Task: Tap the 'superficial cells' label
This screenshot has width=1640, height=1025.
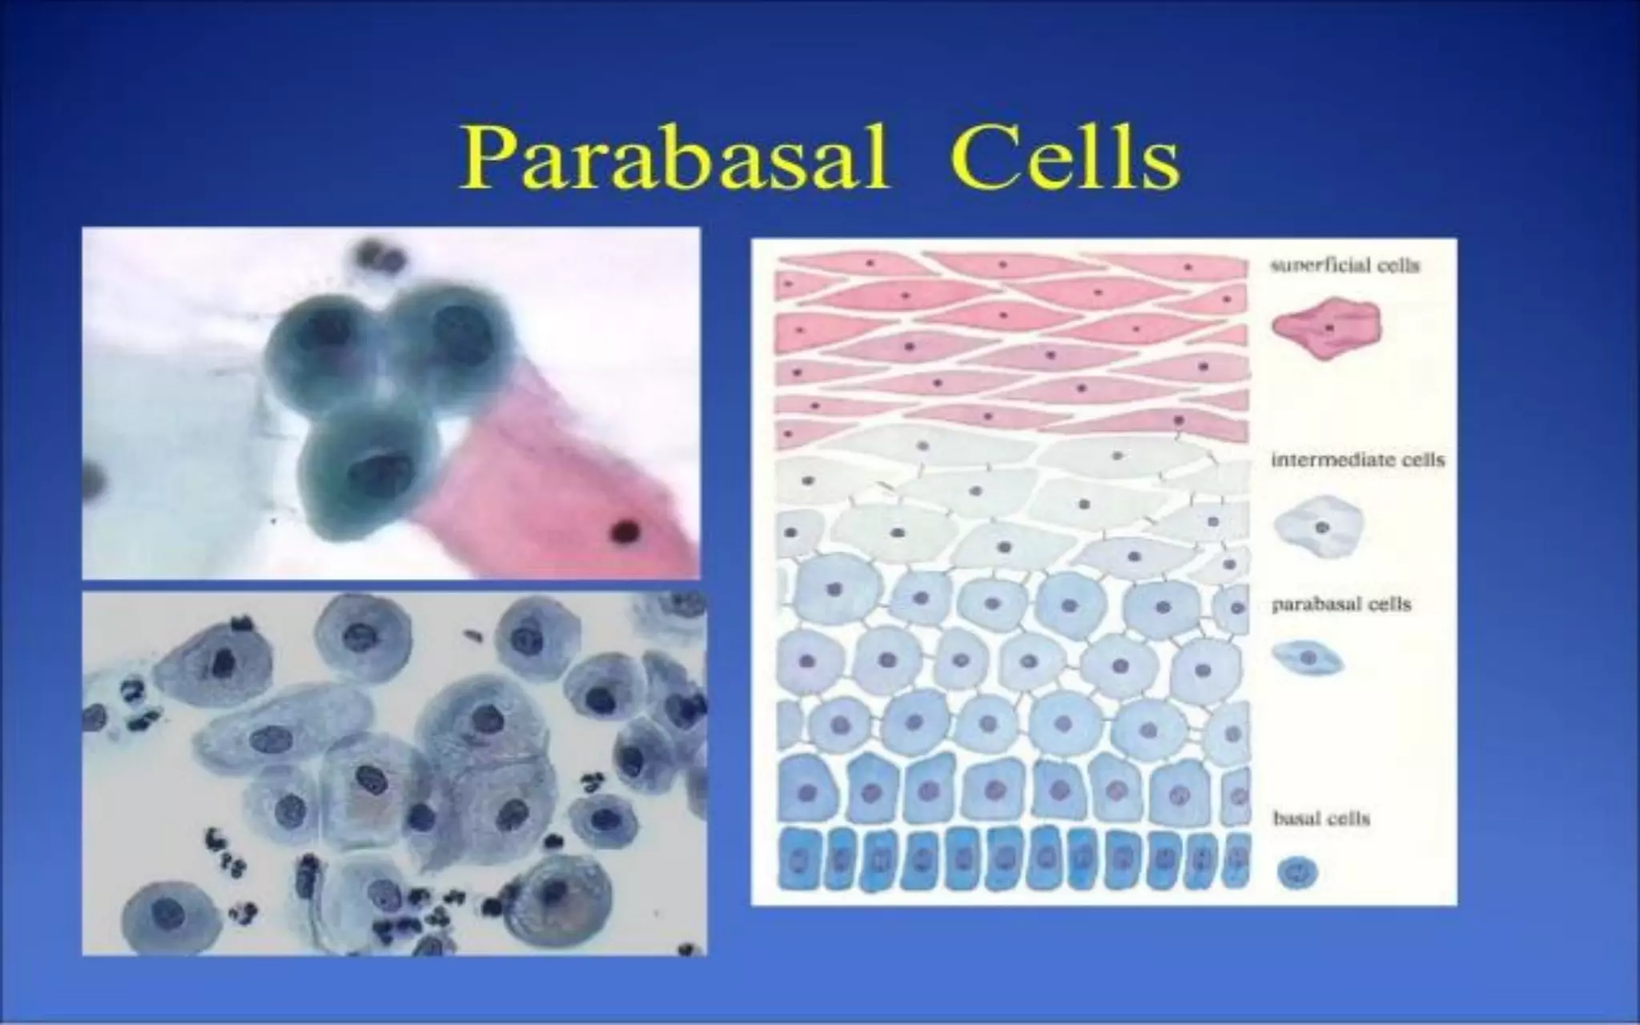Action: click(x=1345, y=266)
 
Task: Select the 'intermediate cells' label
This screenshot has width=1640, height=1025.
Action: click(x=1357, y=460)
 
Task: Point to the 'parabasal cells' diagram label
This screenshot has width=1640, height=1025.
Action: click(x=1341, y=605)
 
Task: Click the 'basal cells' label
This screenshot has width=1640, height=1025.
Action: click(x=1321, y=818)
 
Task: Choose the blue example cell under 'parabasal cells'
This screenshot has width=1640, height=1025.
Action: click(x=1308, y=657)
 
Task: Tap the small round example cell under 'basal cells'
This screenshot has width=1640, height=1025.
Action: click(x=1297, y=872)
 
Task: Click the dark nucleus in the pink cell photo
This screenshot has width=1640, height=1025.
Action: click(x=624, y=529)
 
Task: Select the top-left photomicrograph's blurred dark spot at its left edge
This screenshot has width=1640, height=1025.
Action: click(x=93, y=480)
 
